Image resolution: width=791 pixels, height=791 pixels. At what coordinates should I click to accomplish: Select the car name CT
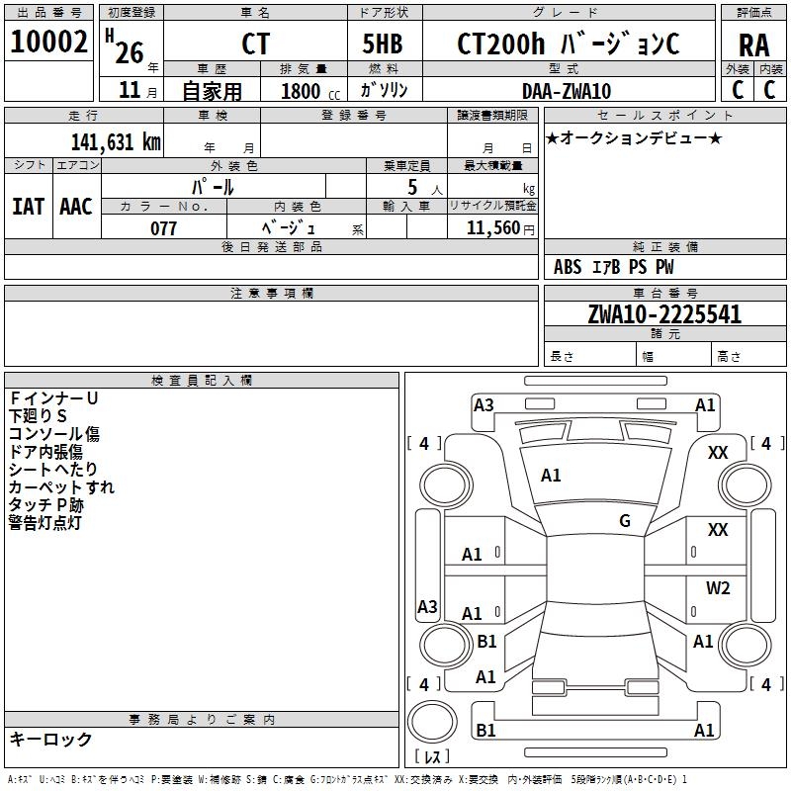(255, 44)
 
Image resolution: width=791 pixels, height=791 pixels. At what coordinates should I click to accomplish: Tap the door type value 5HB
(383, 44)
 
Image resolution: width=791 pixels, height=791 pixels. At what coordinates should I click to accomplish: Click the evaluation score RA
(753, 45)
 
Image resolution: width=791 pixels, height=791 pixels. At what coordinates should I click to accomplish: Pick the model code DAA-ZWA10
(567, 91)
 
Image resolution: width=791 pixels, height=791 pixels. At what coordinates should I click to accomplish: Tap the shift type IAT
(28, 207)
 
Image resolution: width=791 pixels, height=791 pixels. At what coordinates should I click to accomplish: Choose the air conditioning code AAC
(76, 207)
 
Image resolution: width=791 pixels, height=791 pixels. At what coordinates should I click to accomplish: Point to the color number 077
(163, 228)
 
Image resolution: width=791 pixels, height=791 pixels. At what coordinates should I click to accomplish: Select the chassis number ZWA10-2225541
(663, 314)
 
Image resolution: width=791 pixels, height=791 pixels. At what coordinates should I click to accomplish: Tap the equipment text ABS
(568, 267)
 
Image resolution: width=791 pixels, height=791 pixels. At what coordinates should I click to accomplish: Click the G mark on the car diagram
(624, 521)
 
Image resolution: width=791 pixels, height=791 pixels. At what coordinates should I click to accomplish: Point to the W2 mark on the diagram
(718, 588)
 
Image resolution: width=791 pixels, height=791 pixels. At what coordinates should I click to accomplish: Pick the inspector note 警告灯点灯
(44, 522)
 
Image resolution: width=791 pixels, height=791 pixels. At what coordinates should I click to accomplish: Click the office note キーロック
(50, 739)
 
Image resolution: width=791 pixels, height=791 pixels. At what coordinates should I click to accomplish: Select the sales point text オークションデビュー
(634, 137)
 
